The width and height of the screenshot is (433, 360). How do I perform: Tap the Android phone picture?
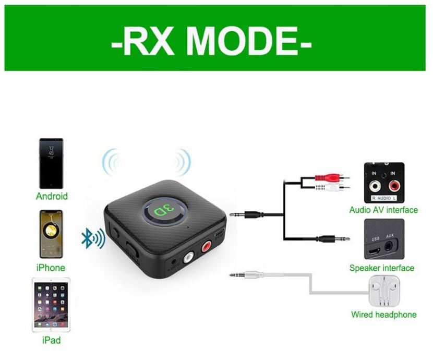click(x=51, y=164)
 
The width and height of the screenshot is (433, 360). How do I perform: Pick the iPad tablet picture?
click(x=51, y=305)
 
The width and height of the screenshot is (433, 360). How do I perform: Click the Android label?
click(x=51, y=197)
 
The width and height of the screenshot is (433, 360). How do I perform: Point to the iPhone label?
click(x=51, y=268)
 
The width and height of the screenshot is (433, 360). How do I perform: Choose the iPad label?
click(x=51, y=341)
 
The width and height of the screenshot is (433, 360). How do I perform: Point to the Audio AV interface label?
click(x=383, y=210)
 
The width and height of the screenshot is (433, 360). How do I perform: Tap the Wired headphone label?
click(x=383, y=315)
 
